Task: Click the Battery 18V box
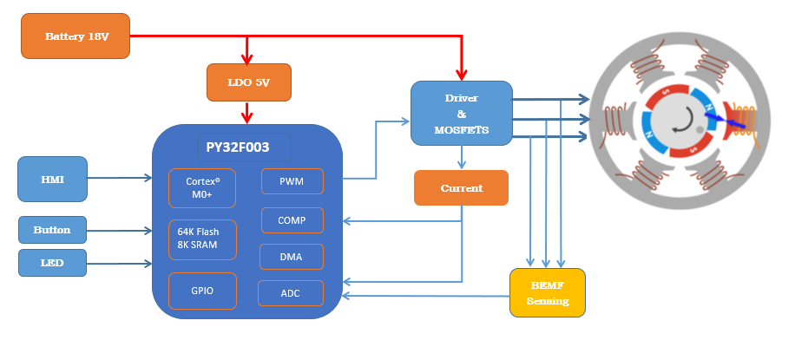pos(76,36)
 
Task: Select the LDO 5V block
pos(248,82)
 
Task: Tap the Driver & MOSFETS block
pos(461,113)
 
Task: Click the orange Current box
pos(461,187)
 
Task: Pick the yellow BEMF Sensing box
pos(547,292)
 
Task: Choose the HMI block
pos(53,179)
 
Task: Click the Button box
pos(53,230)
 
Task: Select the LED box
pos(53,262)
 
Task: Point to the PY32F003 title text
pos(238,147)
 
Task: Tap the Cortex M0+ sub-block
pos(199,188)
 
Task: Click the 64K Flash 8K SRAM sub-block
pos(199,239)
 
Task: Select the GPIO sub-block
pos(199,291)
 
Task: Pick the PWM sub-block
pos(292,181)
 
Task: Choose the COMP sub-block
pos(292,220)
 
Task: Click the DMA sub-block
pos(292,257)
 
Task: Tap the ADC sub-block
pos(291,293)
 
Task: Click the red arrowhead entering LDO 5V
pos(248,60)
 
